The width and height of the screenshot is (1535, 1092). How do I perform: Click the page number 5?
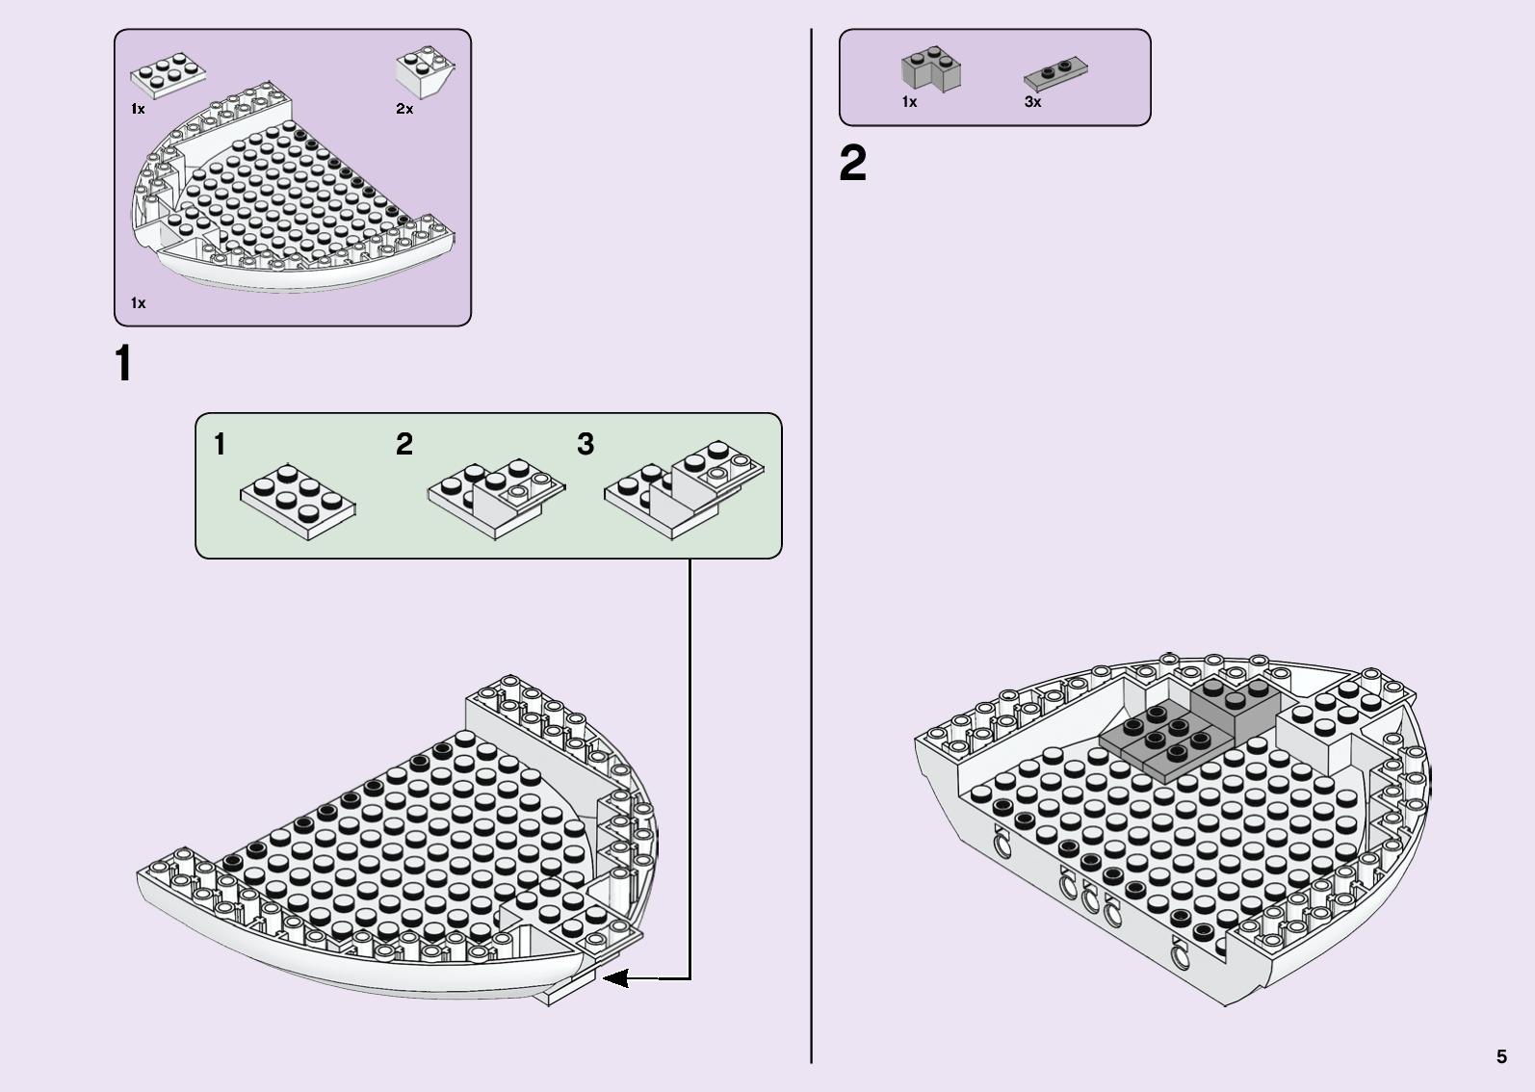[1501, 1056]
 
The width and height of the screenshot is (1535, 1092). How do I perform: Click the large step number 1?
[123, 363]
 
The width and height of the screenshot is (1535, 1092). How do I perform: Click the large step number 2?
[852, 163]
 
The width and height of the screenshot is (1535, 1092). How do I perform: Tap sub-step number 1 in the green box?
[220, 444]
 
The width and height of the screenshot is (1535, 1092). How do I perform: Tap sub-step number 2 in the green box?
[404, 444]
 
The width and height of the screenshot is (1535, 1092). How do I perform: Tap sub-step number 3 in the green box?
[585, 444]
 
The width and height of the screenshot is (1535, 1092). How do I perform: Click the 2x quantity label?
[404, 109]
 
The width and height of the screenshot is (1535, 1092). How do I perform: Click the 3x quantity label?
[1032, 102]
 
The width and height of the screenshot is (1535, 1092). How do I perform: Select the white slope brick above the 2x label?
[425, 72]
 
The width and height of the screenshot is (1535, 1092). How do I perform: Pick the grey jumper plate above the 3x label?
[1055, 74]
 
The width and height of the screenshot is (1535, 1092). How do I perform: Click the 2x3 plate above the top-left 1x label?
[168, 74]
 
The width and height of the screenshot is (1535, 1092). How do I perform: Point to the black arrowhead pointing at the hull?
[616, 978]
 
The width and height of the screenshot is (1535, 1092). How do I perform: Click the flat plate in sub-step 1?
[299, 501]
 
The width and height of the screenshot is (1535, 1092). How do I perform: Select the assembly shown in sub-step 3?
[684, 489]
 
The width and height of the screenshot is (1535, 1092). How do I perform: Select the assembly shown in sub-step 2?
[496, 498]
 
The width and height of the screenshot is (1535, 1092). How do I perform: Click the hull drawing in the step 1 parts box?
[292, 187]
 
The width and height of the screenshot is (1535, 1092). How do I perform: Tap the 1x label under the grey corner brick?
[909, 102]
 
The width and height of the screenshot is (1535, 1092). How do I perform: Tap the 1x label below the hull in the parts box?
[138, 302]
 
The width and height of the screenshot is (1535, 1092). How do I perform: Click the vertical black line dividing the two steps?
[812, 546]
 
